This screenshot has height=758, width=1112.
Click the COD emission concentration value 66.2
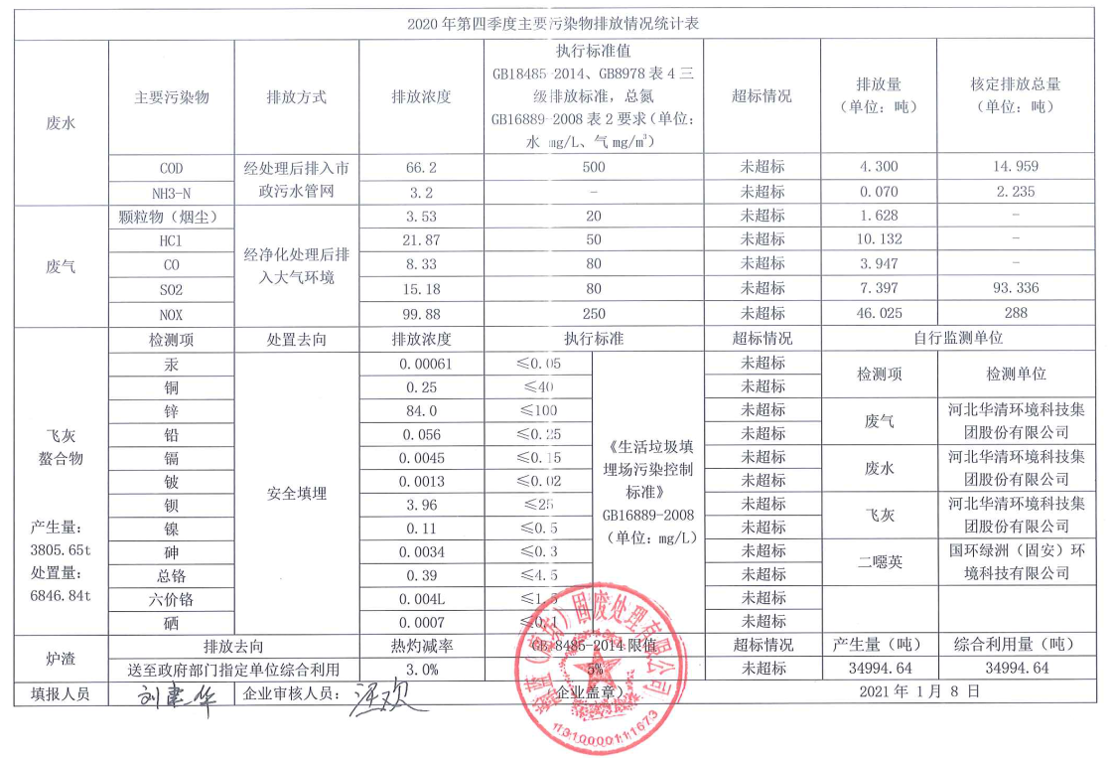click(x=422, y=168)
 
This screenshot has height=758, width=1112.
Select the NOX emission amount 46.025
click(x=878, y=313)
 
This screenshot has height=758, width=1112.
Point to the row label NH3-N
click(x=171, y=192)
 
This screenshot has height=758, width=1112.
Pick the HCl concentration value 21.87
click(x=422, y=240)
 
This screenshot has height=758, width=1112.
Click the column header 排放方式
click(x=296, y=97)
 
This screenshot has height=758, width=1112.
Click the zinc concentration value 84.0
click(x=422, y=410)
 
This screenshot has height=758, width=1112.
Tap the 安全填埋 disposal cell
click(x=296, y=493)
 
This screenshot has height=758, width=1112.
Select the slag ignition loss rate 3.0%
click(x=422, y=669)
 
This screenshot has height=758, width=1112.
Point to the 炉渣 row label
click(x=61, y=658)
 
